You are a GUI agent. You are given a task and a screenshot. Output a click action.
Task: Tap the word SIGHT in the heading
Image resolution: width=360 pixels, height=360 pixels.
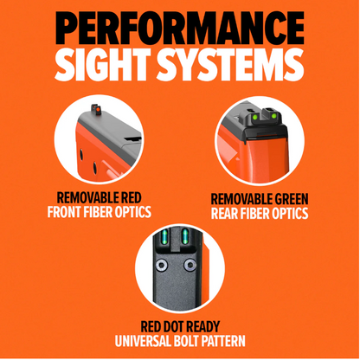(x=103, y=64)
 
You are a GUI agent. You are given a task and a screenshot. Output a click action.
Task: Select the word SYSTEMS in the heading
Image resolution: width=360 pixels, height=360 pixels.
(x=230, y=64)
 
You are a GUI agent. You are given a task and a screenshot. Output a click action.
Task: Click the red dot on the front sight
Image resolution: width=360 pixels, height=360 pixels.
(x=97, y=109)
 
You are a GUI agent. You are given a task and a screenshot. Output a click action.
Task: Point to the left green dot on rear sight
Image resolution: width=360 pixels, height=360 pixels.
(x=255, y=117)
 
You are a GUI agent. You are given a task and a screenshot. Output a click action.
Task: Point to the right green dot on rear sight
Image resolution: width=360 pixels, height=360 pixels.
(x=274, y=116)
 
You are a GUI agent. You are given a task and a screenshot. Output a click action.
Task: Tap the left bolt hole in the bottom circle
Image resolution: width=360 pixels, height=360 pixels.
(x=162, y=264)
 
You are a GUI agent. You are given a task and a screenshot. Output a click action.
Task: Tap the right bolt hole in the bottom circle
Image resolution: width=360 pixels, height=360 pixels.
(x=190, y=264)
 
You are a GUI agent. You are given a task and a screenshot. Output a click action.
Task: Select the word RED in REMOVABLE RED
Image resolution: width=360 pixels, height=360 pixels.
(x=132, y=198)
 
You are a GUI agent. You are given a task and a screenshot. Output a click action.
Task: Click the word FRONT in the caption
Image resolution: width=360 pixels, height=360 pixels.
(x=64, y=212)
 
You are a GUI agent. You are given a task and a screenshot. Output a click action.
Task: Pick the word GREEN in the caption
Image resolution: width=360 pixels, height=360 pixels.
(x=292, y=199)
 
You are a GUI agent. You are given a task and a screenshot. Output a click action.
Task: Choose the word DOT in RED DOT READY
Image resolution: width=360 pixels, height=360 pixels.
(x=174, y=326)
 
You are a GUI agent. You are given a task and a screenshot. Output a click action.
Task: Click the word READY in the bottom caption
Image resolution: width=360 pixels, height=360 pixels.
(x=203, y=326)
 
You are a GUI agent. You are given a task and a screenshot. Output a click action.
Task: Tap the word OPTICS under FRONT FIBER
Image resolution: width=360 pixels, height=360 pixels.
(x=133, y=212)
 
